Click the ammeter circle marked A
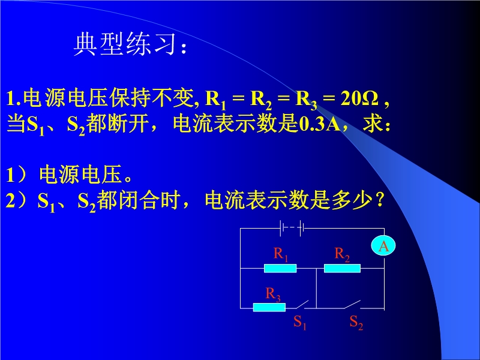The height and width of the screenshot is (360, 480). pos(383,246)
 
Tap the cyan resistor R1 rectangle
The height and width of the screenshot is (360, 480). pos(280,268)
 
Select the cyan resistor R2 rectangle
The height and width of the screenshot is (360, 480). pos(342,268)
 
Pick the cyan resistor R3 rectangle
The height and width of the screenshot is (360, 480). pos(269,307)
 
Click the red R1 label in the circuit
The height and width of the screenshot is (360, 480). pos(281,254)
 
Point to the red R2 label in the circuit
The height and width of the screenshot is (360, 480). pos(342,254)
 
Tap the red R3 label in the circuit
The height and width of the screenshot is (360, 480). pos(273,294)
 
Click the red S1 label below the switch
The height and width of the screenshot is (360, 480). pos(299,322)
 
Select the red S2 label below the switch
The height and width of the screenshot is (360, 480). pos(356,322)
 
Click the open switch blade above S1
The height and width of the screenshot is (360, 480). pos(302,304)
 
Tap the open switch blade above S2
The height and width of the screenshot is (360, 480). pos(352,304)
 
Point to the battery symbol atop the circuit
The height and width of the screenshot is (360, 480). pos(292,228)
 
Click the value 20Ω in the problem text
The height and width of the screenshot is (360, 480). pos(360,98)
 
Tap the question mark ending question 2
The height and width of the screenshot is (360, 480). pos(379,200)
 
